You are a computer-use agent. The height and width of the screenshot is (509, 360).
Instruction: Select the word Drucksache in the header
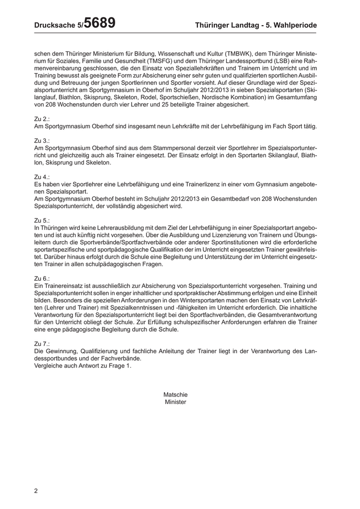[x=54, y=25]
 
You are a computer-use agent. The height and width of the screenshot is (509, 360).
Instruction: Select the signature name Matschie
[x=175, y=394]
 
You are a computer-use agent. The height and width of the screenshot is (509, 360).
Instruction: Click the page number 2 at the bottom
[x=36, y=490]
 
